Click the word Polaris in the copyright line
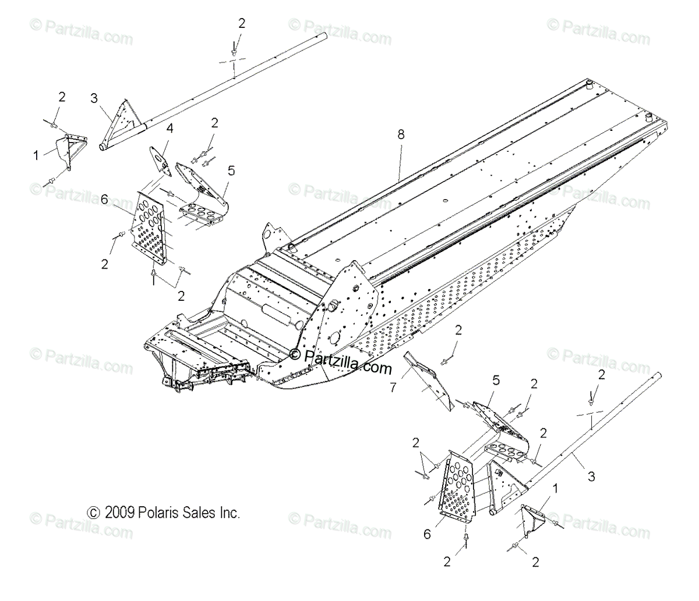coord(157,513)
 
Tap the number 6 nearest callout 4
coord(105,199)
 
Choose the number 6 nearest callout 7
coord(427,534)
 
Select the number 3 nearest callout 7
coord(591,477)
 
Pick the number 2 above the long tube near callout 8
coord(242,23)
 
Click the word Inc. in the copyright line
coord(227,513)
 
